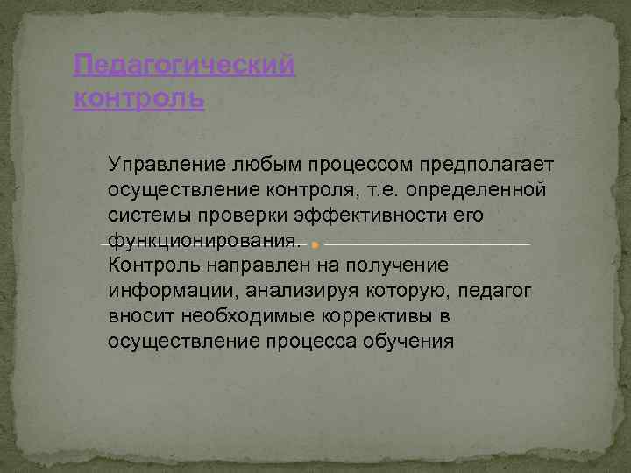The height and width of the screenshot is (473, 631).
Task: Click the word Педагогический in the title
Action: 185,66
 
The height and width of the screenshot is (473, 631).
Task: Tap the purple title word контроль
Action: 139,99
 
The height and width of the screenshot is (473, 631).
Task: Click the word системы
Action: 151,215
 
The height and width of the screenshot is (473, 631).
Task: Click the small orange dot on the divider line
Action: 315,244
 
